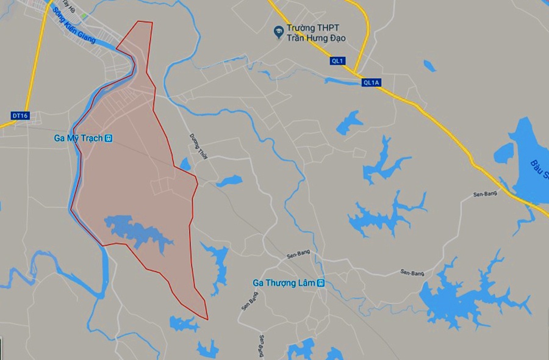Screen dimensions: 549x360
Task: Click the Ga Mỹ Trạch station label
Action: point(79,139)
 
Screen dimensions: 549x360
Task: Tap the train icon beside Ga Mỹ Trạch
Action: point(109,139)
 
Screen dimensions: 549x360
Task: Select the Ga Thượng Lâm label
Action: point(284,283)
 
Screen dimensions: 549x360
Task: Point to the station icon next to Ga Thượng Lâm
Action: point(321,283)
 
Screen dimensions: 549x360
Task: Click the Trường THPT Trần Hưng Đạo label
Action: point(317,33)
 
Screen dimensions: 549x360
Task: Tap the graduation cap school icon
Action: point(279,29)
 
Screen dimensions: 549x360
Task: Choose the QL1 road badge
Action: point(338,60)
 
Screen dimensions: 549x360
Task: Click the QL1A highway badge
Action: point(370,82)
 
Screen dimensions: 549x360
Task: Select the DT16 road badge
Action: point(20,115)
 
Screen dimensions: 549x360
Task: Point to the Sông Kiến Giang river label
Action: point(74,27)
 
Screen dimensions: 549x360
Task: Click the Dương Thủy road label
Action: point(199,146)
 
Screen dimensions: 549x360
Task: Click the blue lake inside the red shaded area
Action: point(137,231)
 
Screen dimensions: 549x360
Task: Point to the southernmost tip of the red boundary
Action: point(207,319)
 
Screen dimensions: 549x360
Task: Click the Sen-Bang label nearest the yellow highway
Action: point(486,194)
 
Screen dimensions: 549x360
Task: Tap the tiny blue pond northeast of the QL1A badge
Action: point(429,65)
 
